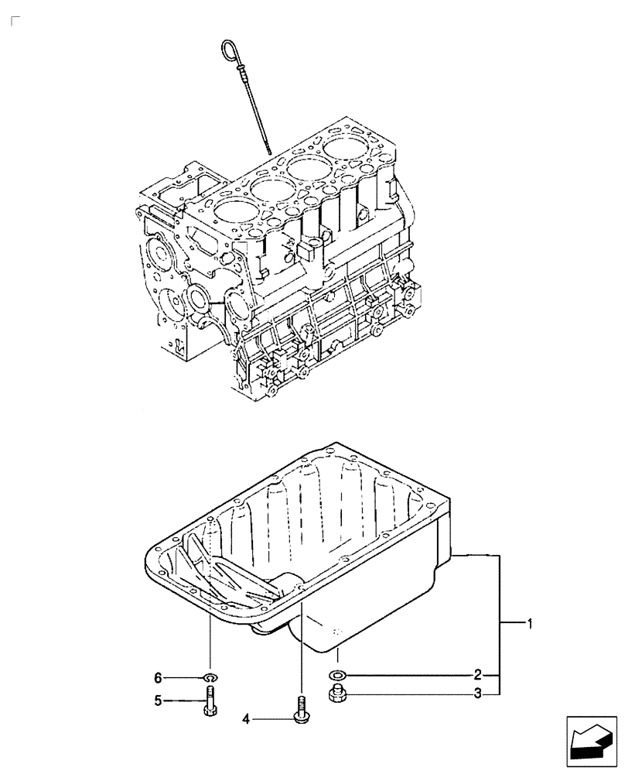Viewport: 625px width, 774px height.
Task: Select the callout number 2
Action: click(479, 674)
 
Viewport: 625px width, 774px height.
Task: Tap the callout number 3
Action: click(479, 694)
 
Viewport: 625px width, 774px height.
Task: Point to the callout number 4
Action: click(247, 719)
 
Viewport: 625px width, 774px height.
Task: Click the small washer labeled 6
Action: click(211, 679)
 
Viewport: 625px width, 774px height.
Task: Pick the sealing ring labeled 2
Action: click(338, 675)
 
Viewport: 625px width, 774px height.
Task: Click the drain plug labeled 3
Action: click(338, 694)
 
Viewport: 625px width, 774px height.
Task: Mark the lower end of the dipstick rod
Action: click(268, 151)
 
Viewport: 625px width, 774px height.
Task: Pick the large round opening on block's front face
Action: click(198, 297)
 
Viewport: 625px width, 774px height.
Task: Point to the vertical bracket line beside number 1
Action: click(500, 623)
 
